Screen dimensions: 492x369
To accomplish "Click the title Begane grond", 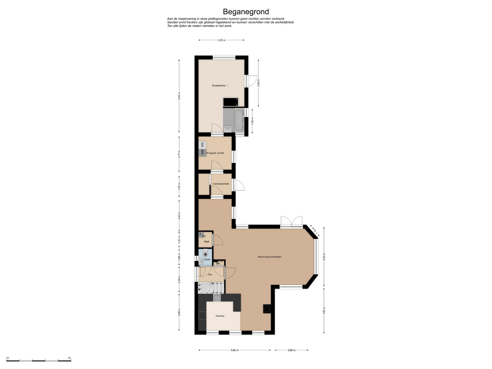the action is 246,12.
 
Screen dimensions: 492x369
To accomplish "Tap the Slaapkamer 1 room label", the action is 220,86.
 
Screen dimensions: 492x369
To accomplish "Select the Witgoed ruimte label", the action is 215,153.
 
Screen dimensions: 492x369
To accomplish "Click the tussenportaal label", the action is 221,184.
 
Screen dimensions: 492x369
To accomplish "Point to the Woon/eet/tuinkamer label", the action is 270,257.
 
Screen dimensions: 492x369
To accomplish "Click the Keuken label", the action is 220,316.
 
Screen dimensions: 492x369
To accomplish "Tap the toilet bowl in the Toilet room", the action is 205,254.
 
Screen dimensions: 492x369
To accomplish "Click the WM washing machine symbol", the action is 202,152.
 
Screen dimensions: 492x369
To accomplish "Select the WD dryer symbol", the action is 202,145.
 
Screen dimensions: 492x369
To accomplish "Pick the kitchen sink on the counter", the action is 217,298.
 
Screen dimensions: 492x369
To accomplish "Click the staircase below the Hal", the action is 211,288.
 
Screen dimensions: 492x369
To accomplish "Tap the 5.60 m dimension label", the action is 234,350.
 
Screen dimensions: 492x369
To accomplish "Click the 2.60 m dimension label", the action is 292,350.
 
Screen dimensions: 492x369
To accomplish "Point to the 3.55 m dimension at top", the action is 221,40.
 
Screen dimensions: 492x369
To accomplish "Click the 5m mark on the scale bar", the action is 69,358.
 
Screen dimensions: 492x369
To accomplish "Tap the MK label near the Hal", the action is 218,263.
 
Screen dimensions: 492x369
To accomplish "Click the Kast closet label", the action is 207,242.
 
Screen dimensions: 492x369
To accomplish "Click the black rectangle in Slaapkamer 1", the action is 231,102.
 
